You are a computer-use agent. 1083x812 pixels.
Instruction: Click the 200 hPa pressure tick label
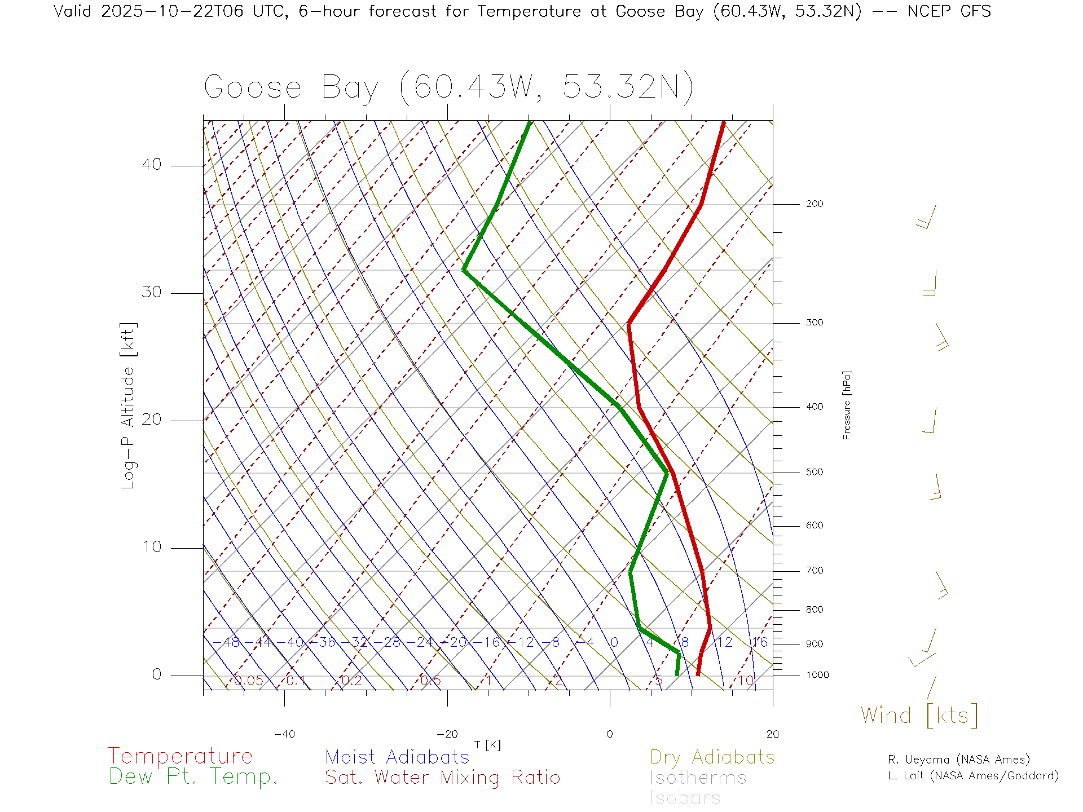pyautogui.click(x=814, y=204)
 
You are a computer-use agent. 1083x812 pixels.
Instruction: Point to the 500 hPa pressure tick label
pyautogui.click(x=814, y=473)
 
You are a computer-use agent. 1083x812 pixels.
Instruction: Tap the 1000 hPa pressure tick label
pyautogui.click(x=817, y=676)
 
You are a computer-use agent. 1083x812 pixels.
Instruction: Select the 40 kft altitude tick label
pyautogui.click(x=151, y=165)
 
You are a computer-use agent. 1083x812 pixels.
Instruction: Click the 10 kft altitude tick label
pyautogui.click(x=151, y=547)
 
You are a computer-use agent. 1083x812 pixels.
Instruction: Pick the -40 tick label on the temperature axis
pyautogui.click(x=284, y=734)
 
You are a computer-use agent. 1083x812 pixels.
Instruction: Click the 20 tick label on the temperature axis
pyautogui.click(x=772, y=734)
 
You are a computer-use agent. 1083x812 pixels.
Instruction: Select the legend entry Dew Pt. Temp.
pyautogui.click(x=193, y=777)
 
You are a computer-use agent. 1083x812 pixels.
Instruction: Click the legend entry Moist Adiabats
pyautogui.click(x=397, y=757)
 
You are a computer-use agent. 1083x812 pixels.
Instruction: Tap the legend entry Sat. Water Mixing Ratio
pyautogui.click(x=442, y=778)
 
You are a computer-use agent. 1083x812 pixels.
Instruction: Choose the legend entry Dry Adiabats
pyautogui.click(x=712, y=757)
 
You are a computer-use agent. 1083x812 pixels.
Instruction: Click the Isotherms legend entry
pyautogui.click(x=698, y=778)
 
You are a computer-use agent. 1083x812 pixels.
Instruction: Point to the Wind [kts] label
pyautogui.click(x=919, y=716)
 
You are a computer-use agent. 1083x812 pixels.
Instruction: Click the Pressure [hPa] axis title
pyautogui.click(x=847, y=405)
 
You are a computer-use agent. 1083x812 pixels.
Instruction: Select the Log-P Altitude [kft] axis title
pyautogui.click(x=129, y=406)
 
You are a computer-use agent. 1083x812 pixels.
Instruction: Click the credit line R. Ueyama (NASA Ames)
pyautogui.click(x=958, y=760)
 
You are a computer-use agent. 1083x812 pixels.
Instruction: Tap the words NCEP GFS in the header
pyautogui.click(x=949, y=11)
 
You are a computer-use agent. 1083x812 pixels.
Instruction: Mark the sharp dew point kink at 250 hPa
pyautogui.click(x=464, y=270)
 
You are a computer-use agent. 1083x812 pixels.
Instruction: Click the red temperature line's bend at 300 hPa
pyautogui.click(x=628, y=324)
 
